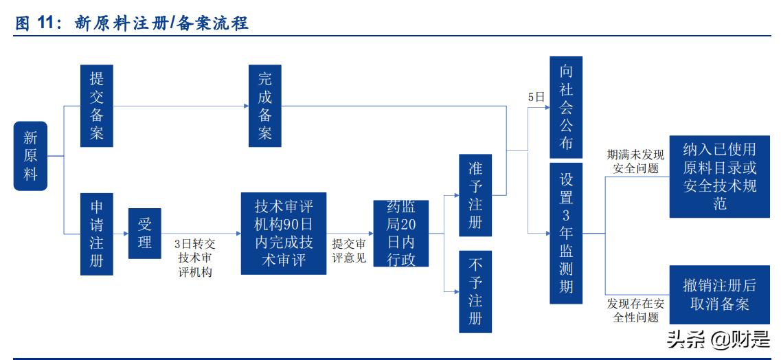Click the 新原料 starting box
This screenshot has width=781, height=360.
(30, 156)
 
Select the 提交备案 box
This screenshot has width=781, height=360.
(96, 106)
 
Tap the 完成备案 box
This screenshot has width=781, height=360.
(264, 106)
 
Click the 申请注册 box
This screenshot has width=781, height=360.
(96, 234)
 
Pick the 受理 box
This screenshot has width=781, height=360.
(144, 234)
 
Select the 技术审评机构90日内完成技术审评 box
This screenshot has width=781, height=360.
(284, 234)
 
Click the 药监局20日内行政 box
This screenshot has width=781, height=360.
(400, 234)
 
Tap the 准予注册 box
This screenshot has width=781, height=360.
(475, 196)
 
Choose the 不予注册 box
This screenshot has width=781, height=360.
(475, 291)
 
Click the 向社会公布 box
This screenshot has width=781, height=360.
(566, 107)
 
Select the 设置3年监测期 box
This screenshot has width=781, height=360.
(566, 234)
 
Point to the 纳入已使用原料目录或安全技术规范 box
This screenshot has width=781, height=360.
(719, 177)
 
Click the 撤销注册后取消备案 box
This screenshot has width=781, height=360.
(719, 295)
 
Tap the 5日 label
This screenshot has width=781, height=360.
(536, 97)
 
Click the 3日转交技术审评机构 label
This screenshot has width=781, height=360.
(195, 258)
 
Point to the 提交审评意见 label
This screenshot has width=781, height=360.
(349, 251)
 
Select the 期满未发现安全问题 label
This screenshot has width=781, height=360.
(635, 161)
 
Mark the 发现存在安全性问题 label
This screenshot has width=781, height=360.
(635, 311)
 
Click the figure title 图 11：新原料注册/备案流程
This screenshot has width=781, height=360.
(131, 24)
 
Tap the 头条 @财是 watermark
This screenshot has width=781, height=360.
(708, 339)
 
